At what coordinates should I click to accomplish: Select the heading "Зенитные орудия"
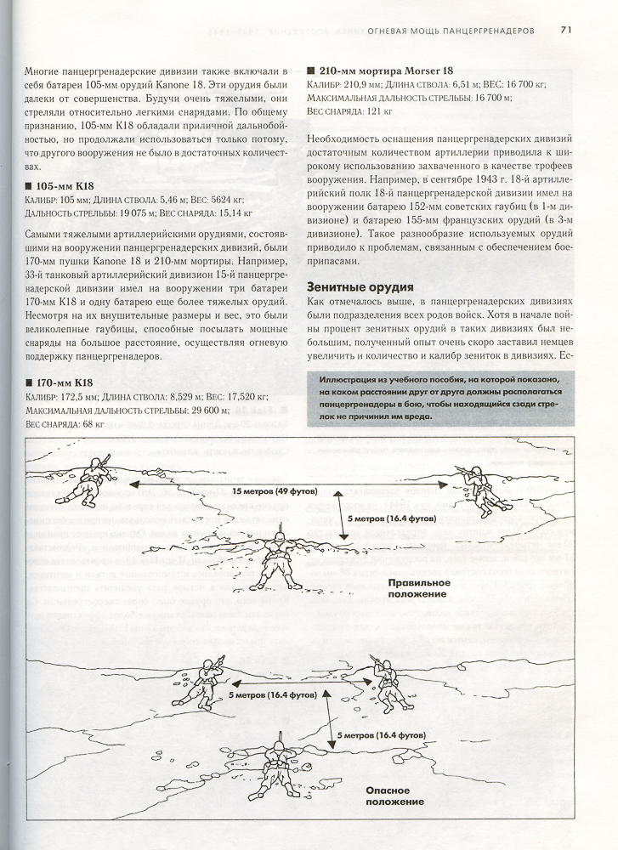(360, 288)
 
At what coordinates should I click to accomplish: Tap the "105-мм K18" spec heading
(64, 186)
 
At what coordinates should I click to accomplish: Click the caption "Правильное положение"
(417, 588)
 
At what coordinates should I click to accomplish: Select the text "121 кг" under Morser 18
(375, 110)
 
